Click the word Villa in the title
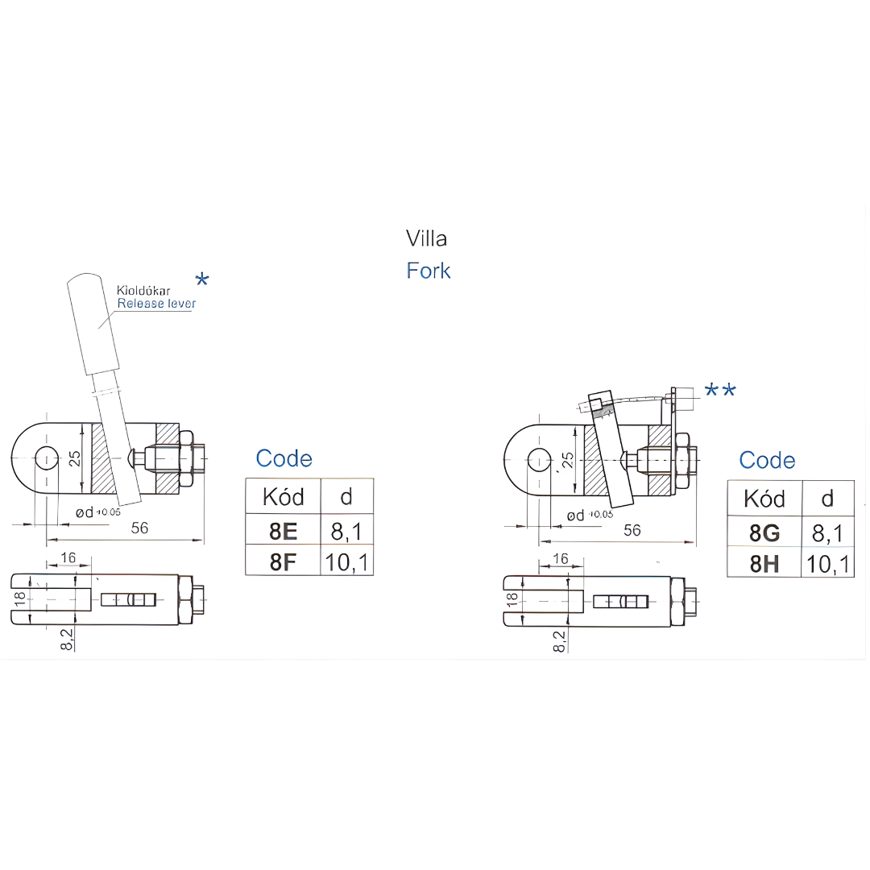(426, 238)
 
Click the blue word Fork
(429, 271)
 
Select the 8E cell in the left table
(283, 530)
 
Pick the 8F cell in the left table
(283, 561)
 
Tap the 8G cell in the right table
(764, 532)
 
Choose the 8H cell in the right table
(764, 564)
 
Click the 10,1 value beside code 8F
(347, 561)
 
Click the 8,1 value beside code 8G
(828, 532)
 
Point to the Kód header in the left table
(283, 497)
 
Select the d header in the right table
(828, 499)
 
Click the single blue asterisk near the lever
(202, 280)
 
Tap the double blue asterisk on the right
(720, 391)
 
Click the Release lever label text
(156, 304)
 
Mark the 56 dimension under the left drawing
(140, 528)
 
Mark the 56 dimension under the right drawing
(632, 529)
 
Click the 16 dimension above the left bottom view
(68, 558)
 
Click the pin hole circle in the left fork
(47, 458)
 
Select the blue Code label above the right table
(767, 460)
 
